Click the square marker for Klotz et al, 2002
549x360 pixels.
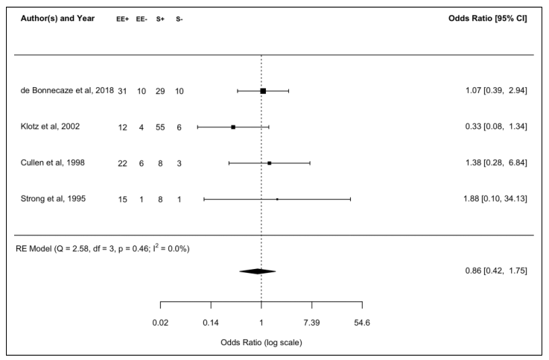point(233,127)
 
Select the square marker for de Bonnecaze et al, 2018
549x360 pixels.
point(263,91)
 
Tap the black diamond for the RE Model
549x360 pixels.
point(258,271)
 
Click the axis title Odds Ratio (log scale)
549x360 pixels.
point(261,343)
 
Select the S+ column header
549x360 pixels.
point(162,19)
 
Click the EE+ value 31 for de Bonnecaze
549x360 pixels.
point(122,91)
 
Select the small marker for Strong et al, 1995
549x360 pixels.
point(277,199)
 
